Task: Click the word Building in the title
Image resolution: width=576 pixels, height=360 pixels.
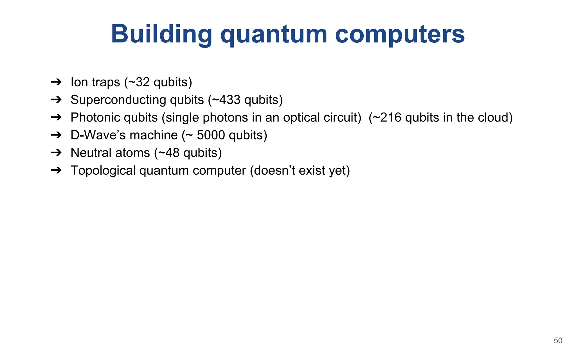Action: pos(161,34)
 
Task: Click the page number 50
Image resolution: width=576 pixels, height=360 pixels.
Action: pos(558,341)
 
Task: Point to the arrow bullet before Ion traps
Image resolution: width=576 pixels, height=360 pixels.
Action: pos(56,82)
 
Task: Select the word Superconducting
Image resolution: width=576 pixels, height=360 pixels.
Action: pos(118,100)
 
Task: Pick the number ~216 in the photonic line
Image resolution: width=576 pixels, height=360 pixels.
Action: pos(387,118)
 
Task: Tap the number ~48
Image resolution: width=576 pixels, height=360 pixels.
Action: pos(168,153)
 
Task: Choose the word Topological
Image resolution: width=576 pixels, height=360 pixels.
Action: pos(103,170)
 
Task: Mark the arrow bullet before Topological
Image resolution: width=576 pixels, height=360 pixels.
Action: pos(56,170)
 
